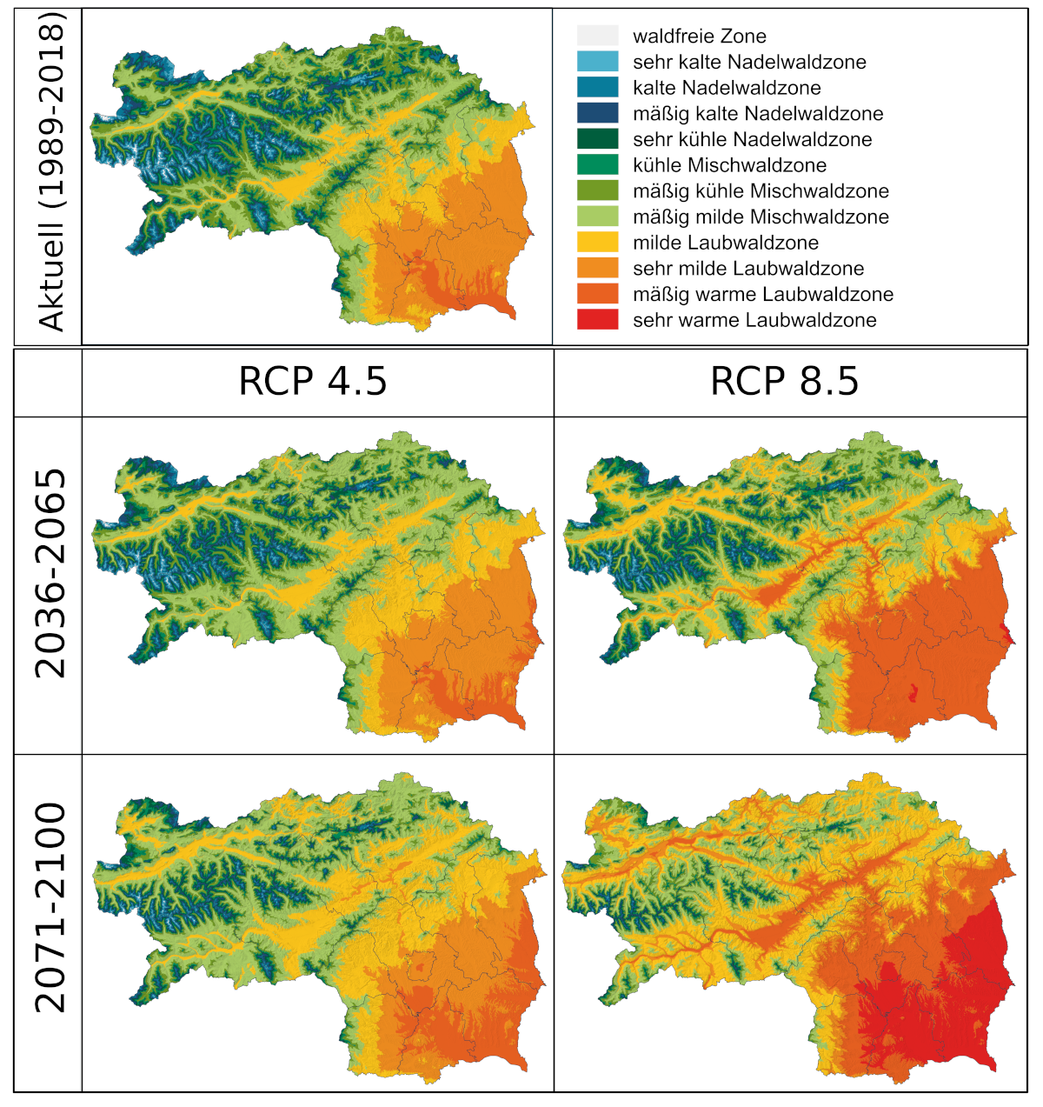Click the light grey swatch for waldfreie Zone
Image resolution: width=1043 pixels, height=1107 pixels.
pyautogui.click(x=597, y=36)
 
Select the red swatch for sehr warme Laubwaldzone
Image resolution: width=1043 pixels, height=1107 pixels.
pyautogui.click(x=597, y=319)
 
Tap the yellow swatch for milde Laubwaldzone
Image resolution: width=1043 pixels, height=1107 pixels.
pyautogui.click(x=597, y=242)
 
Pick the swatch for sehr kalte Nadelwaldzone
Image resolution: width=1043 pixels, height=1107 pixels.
pyautogui.click(x=597, y=62)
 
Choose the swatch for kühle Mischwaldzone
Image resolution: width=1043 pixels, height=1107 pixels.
pyautogui.click(x=597, y=164)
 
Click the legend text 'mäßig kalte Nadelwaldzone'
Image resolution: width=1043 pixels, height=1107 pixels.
pyautogui.click(x=757, y=114)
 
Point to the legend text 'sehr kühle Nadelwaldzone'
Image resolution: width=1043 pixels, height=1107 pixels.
pyautogui.click(x=752, y=139)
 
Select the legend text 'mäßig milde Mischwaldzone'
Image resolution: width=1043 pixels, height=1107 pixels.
pyautogui.click(x=761, y=217)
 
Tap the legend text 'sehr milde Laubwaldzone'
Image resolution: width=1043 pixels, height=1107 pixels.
pyautogui.click(x=748, y=268)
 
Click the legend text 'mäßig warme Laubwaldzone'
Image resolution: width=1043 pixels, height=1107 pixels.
pyautogui.click(x=762, y=294)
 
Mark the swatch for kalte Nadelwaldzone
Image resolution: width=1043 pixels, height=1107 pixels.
pyautogui.click(x=597, y=87)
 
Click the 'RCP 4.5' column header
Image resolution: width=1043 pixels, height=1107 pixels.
pyautogui.click(x=313, y=382)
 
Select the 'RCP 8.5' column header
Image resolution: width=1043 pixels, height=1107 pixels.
pyautogui.click(x=784, y=382)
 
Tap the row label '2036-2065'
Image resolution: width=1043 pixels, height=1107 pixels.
pyautogui.click(x=50, y=574)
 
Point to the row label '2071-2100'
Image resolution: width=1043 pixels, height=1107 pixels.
pyautogui.click(x=50, y=908)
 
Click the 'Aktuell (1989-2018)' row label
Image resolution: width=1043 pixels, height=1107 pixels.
pyautogui.click(x=50, y=173)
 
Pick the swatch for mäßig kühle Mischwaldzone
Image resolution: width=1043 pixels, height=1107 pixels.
pyautogui.click(x=597, y=190)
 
